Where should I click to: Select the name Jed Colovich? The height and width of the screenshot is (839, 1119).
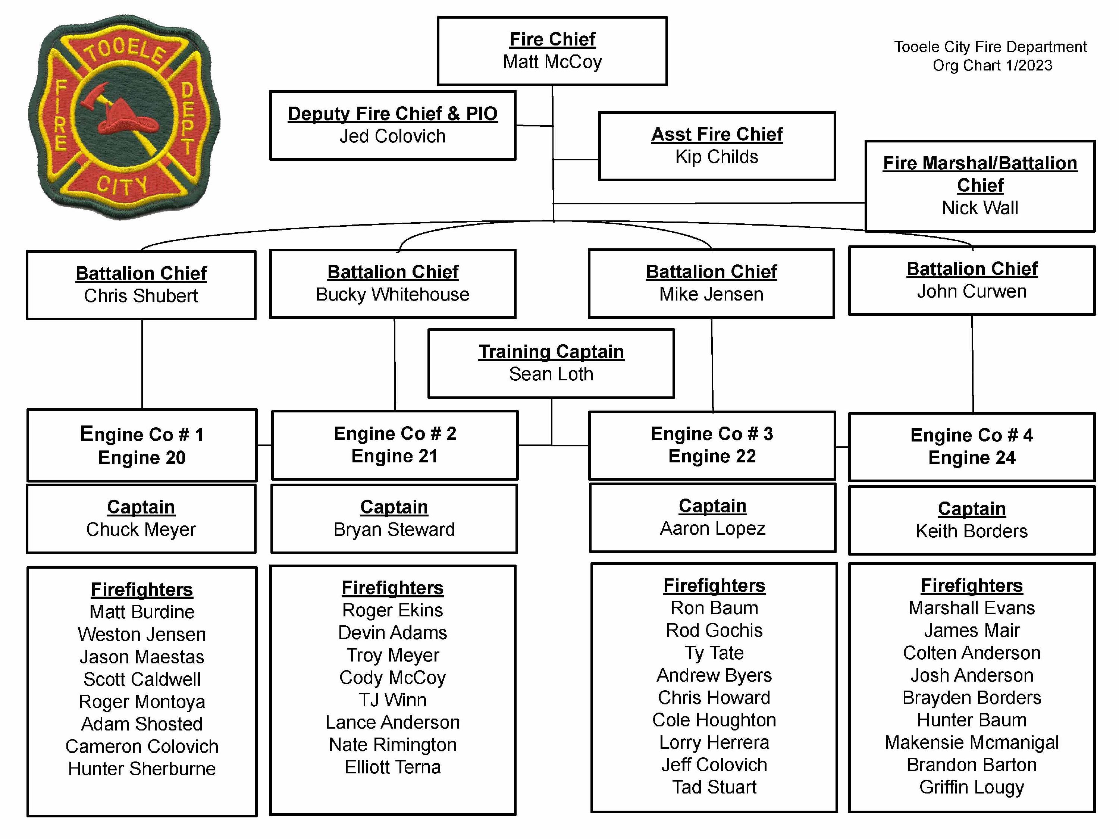[x=392, y=136]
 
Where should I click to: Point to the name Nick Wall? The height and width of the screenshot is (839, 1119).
[x=979, y=208]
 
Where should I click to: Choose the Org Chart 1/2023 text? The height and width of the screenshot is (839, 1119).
[x=992, y=66]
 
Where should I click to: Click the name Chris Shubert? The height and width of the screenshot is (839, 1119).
[x=141, y=296]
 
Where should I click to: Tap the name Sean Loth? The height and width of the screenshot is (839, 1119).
[x=551, y=374]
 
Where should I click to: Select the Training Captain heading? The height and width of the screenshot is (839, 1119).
[x=551, y=352]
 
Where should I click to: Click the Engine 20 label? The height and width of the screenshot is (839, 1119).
[x=142, y=458]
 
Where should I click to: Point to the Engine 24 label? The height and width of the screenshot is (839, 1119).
[x=971, y=458]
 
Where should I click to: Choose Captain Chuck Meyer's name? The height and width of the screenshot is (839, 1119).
[x=141, y=530]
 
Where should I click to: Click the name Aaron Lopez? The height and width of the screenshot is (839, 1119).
[x=712, y=528]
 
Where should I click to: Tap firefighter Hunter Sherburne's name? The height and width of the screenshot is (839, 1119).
[x=142, y=769]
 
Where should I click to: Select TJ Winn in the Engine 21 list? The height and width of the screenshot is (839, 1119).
[x=392, y=700]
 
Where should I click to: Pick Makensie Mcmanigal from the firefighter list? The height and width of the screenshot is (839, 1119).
[x=971, y=742]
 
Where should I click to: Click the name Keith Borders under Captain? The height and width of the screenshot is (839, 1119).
[x=971, y=531]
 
